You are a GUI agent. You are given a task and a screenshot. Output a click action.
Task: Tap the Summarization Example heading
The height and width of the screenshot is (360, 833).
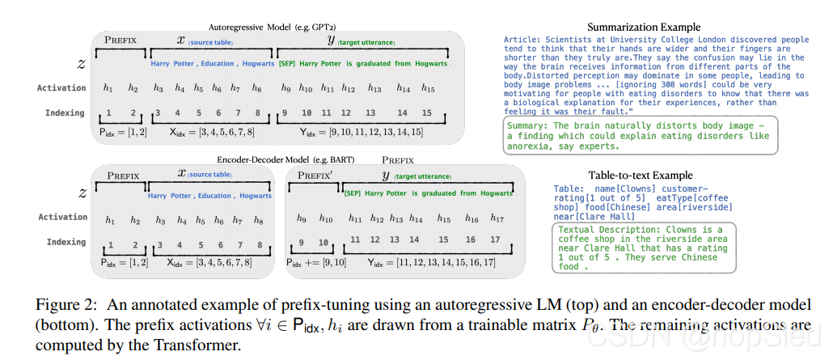pyautogui.click(x=639, y=25)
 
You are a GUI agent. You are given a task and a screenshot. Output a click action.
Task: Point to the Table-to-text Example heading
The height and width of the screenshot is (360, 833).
pyautogui.click(x=640, y=175)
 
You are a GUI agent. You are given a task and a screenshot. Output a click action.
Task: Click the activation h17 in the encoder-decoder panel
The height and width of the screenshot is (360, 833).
pyautogui.click(x=497, y=218)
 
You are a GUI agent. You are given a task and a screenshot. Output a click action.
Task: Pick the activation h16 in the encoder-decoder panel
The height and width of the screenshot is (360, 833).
pyautogui.click(x=471, y=218)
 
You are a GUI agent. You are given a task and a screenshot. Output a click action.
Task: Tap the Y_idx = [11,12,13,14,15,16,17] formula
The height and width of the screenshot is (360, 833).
pyautogui.click(x=432, y=262)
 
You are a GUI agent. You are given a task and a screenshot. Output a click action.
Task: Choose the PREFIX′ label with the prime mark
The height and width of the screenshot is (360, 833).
pyautogui.click(x=315, y=174)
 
